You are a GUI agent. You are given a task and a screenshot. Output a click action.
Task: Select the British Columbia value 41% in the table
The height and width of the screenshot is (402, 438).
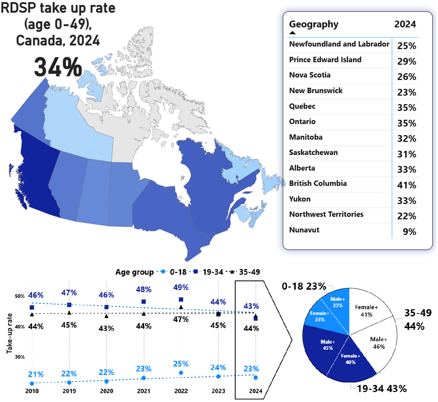(x=407, y=185)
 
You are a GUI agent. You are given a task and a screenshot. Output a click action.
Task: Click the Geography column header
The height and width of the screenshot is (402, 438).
(x=314, y=24)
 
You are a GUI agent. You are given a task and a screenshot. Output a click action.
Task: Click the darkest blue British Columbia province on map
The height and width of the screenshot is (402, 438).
(x=36, y=173)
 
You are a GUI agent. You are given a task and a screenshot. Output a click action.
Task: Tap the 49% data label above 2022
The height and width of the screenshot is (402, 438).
(x=181, y=287)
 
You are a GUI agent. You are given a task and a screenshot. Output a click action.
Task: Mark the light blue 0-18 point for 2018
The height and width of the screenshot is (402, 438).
(x=32, y=383)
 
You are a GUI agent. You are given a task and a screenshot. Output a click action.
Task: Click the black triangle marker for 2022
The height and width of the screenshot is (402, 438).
(x=181, y=307)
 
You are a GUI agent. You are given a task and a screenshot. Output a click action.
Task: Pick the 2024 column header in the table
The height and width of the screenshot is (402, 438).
(x=405, y=24)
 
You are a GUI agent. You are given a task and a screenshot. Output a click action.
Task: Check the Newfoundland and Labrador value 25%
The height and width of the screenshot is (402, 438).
(x=407, y=46)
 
